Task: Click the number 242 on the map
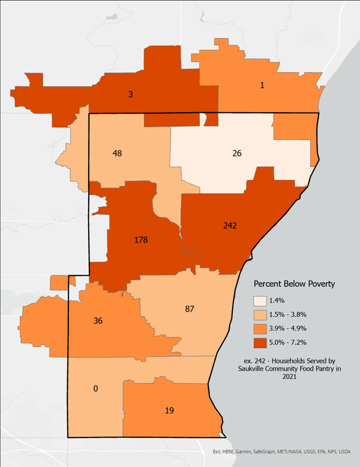pos(230,225)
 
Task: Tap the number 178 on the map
pos(141,240)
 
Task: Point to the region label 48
pos(117,153)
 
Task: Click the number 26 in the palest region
pos(237,153)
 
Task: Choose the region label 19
pos(169,410)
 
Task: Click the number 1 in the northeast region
pos(262,86)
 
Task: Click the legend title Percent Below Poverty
pos(294,284)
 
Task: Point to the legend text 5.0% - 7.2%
pos(288,342)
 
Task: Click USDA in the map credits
pos(344,452)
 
